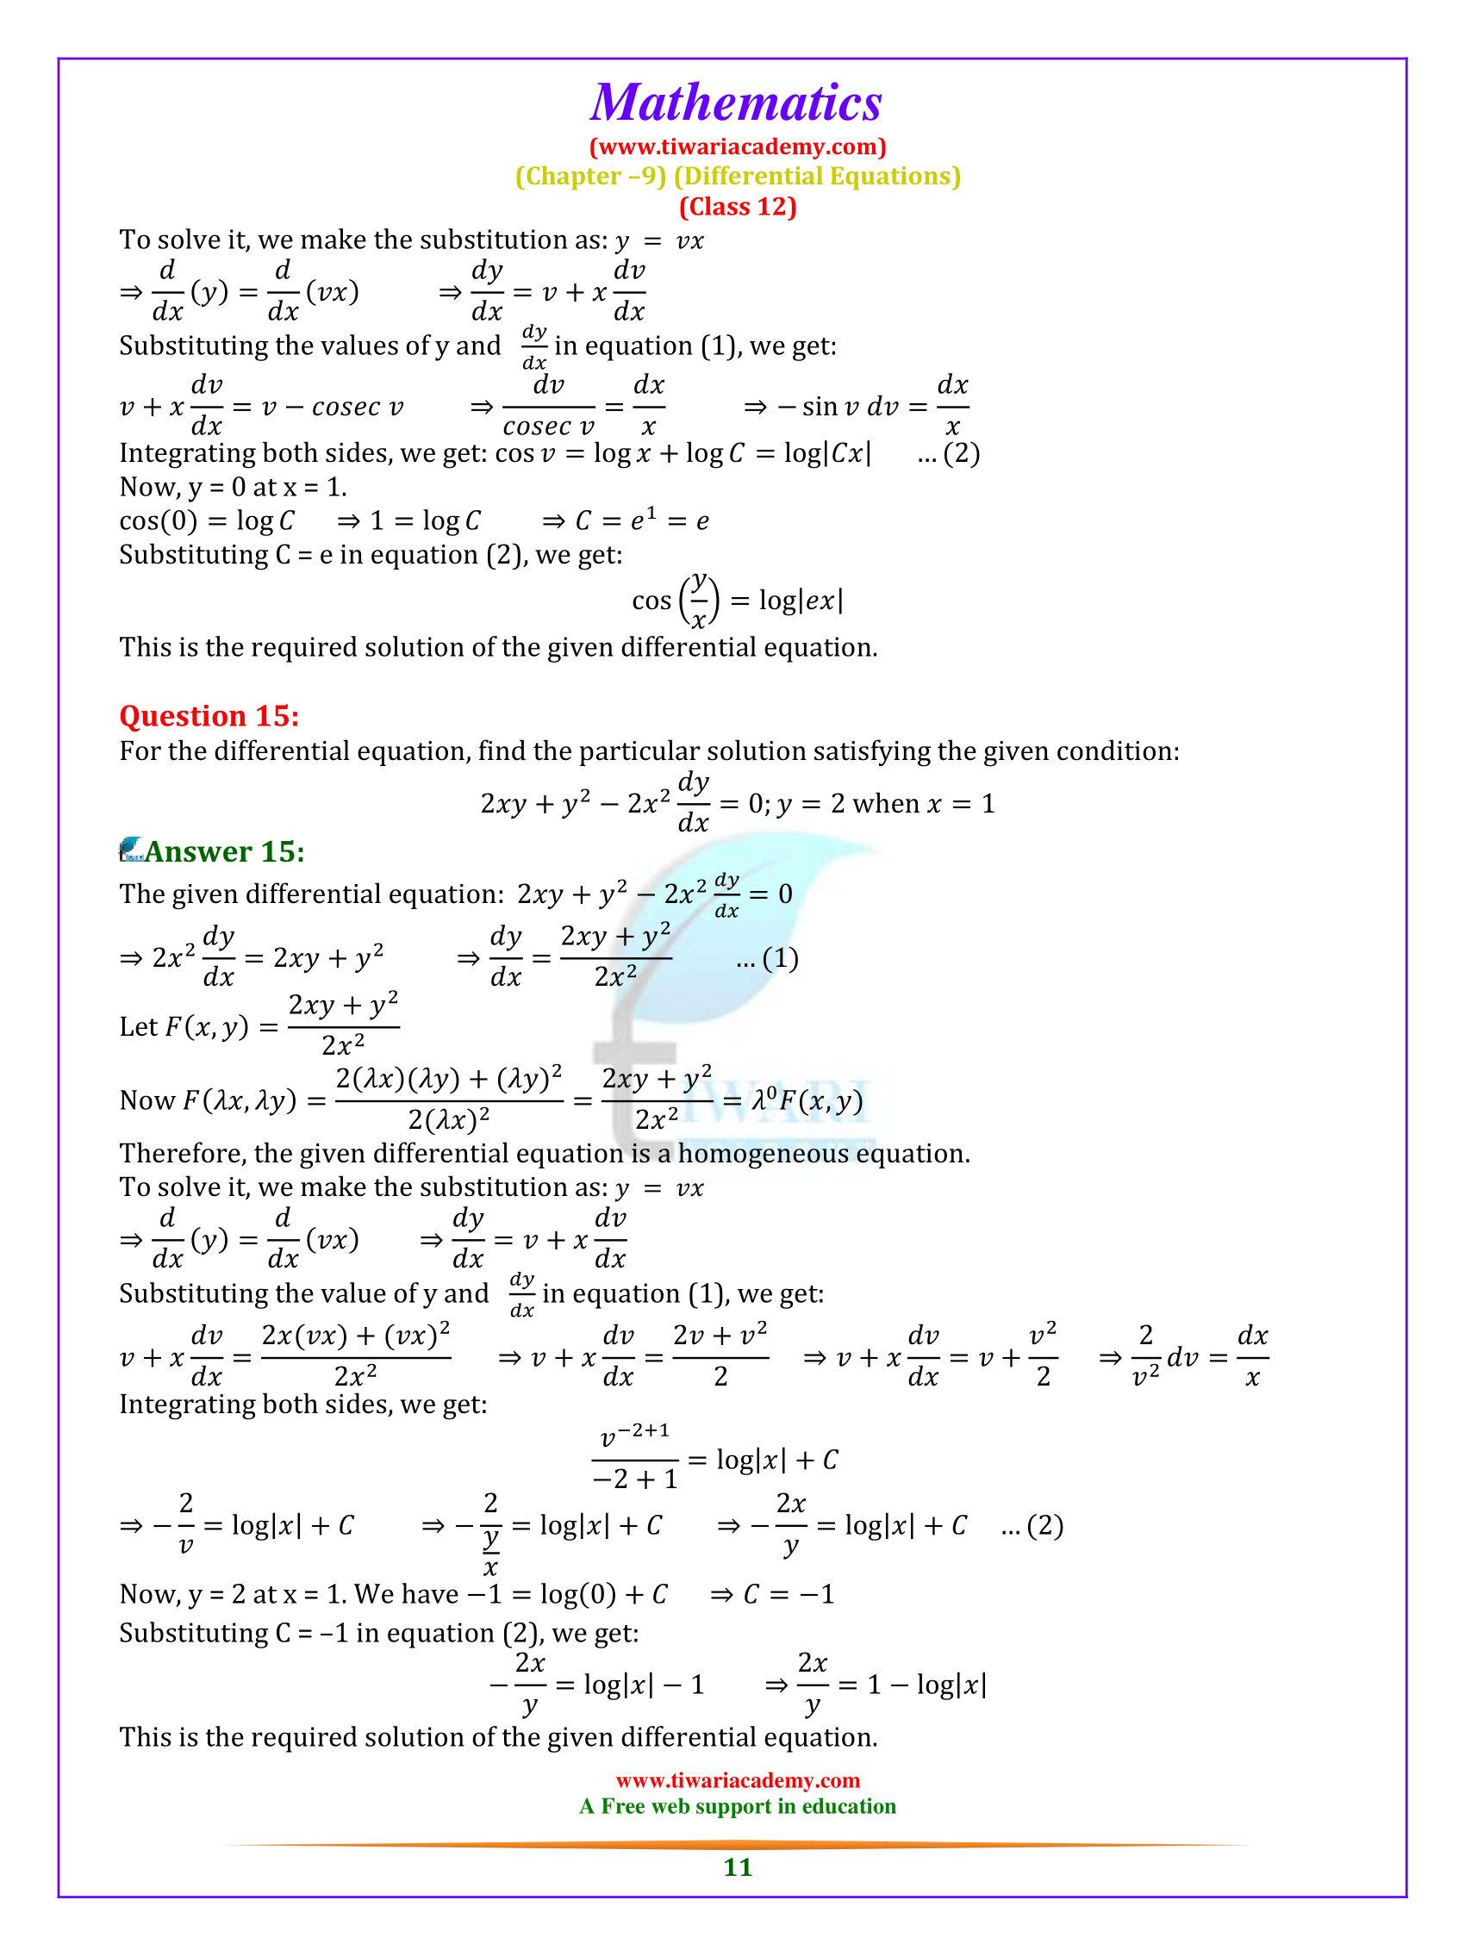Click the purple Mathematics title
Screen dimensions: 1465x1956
pos(736,103)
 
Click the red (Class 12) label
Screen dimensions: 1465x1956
pos(738,207)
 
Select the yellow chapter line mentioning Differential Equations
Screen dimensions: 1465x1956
pos(738,176)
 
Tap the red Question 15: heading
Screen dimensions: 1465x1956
pos(209,715)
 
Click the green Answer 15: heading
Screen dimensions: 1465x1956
pos(225,850)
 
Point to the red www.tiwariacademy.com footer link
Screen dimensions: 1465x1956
pos(738,1780)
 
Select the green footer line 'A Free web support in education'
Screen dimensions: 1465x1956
pos(738,1807)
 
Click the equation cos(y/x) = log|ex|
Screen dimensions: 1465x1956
pos(738,601)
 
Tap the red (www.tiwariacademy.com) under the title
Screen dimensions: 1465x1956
pos(738,146)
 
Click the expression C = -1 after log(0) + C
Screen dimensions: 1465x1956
pos(789,1594)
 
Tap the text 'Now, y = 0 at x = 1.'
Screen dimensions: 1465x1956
pos(233,487)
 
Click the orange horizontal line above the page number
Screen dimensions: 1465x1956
pos(738,1845)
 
